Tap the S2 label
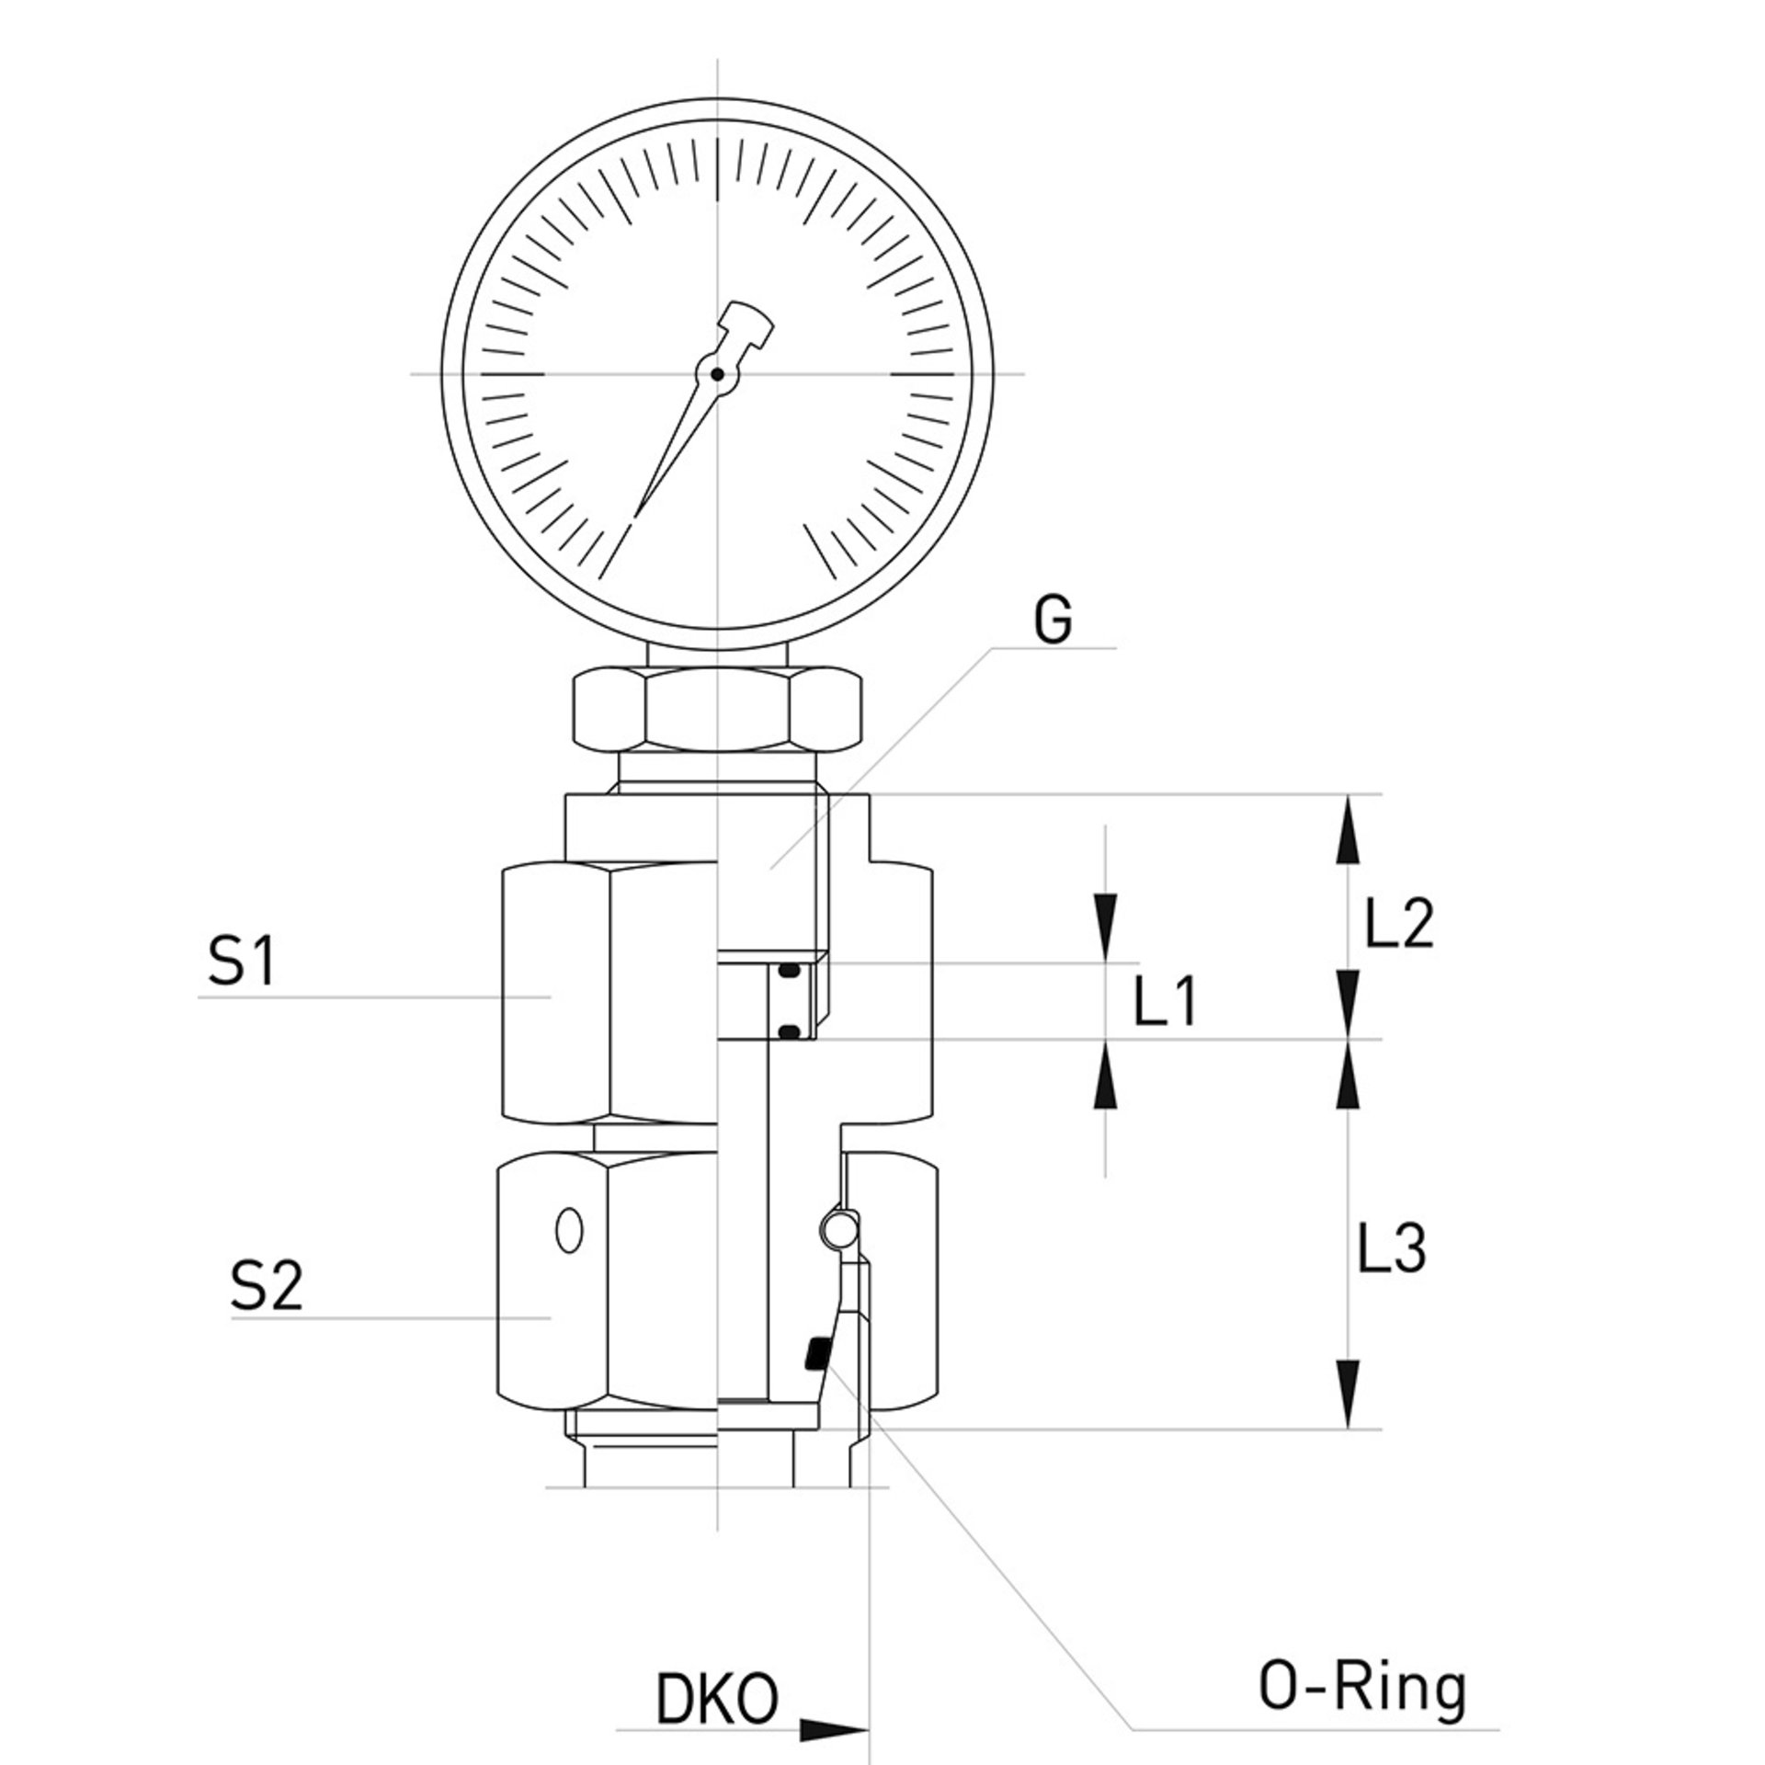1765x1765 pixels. [266, 1286]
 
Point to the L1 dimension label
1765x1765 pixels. [1164, 1002]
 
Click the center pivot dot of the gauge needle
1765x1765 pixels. [717, 374]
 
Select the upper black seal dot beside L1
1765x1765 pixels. [788, 971]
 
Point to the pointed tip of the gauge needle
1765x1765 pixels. [635, 516]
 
